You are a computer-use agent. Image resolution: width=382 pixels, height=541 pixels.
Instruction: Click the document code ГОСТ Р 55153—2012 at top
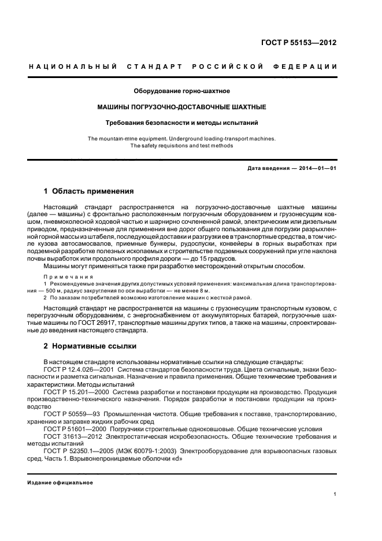coord(300,43)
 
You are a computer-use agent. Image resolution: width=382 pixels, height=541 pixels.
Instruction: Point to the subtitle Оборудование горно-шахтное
coord(182,91)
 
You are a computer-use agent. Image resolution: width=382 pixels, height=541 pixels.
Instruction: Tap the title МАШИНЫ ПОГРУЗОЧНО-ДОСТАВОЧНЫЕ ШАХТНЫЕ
coord(182,107)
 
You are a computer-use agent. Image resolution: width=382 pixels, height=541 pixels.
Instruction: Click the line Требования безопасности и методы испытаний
coord(182,123)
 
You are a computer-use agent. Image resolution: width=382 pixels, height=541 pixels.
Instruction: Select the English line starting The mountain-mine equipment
coord(182,138)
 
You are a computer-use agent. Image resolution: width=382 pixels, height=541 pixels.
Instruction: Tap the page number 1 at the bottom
coord(335,494)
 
